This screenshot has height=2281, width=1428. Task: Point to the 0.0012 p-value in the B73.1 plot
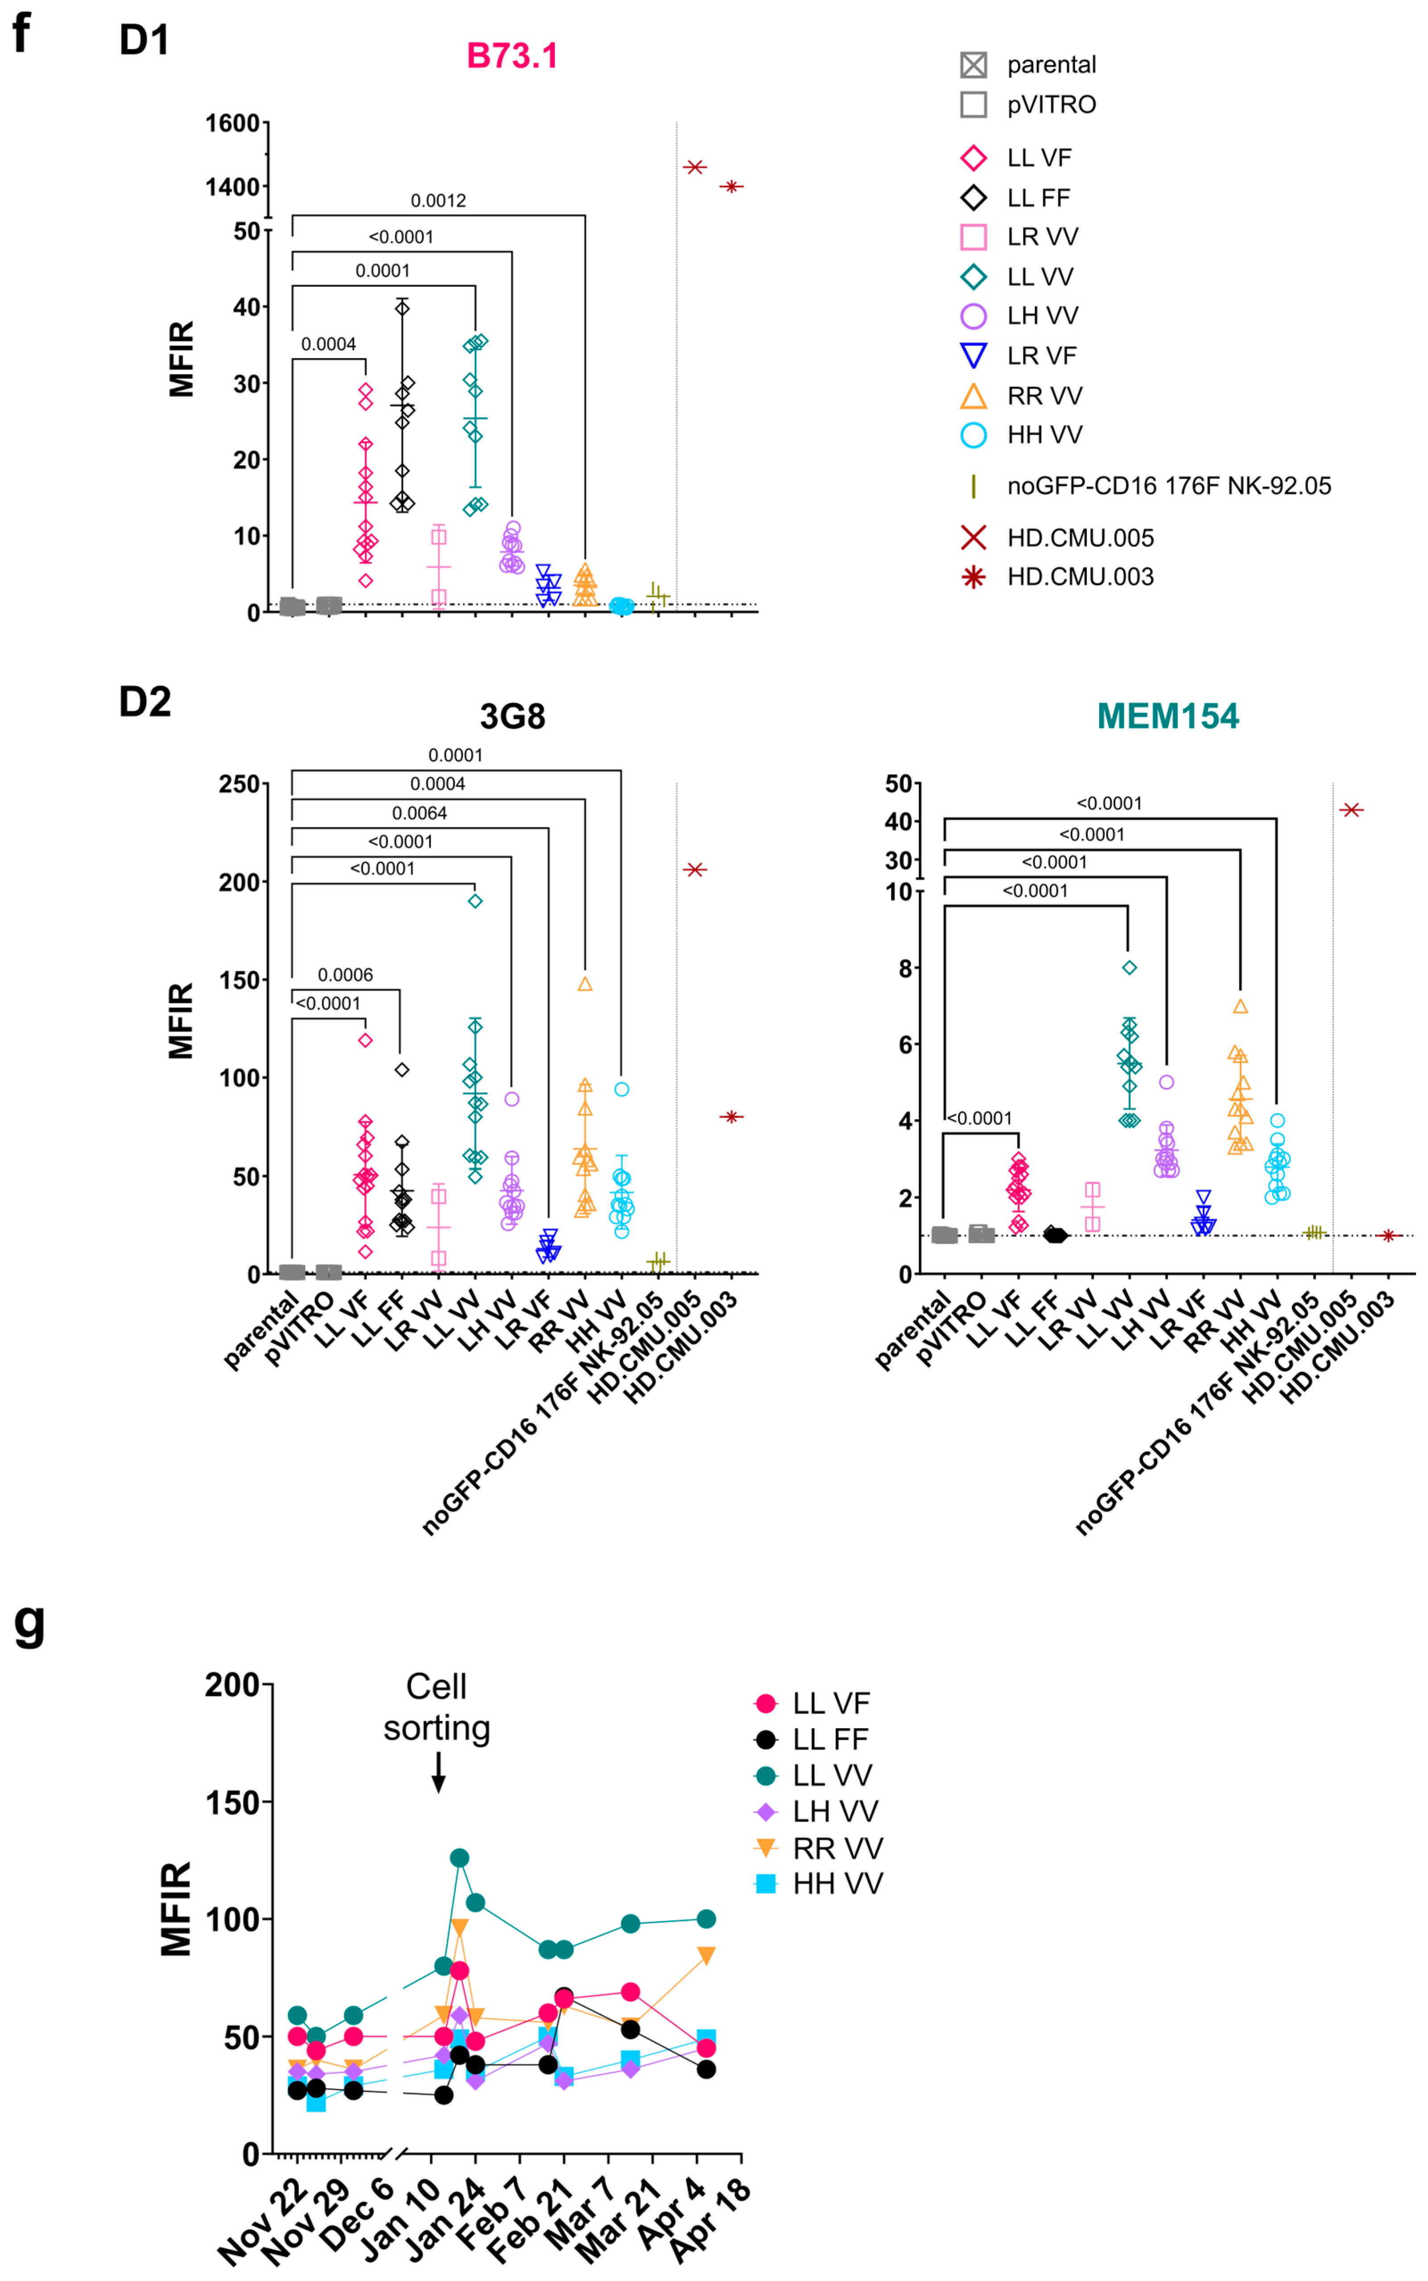(438, 200)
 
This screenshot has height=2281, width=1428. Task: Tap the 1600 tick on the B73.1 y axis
(232, 123)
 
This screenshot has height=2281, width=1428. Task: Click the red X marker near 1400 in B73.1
(695, 167)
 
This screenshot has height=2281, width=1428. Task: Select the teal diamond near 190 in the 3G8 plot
(475, 901)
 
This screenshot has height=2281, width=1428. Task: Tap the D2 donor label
(145, 702)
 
